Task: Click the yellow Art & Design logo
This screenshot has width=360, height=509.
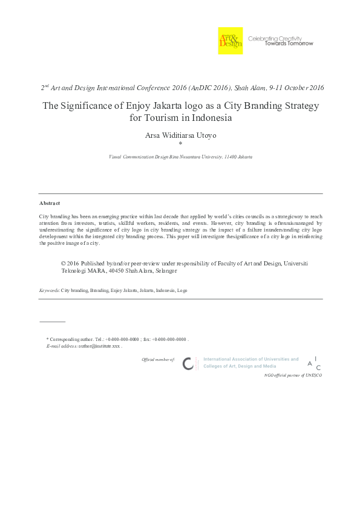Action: pyautogui.click(x=230, y=41)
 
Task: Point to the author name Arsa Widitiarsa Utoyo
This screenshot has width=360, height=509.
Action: pyautogui.click(x=180, y=135)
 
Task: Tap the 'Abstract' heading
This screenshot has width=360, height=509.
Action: pyautogui.click(x=50, y=203)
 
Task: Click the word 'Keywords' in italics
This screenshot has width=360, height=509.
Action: pyautogui.click(x=49, y=290)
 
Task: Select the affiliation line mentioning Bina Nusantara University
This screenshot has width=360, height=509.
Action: pyautogui.click(x=180, y=157)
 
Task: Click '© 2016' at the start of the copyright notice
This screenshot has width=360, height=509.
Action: pyautogui.click(x=71, y=264)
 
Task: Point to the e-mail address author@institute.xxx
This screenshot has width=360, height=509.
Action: pyautogui.click(x=99, y=346)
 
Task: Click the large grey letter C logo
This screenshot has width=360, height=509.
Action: pyautogui.click(x=188, y=363)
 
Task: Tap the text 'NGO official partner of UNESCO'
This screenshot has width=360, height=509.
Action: pyautogui.click(x=293, y=375)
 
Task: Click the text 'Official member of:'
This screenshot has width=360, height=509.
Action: pyautogui.click(x=158, y=360)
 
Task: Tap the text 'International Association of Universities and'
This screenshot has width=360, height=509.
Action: pyautogui.click(x=250, y=359)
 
